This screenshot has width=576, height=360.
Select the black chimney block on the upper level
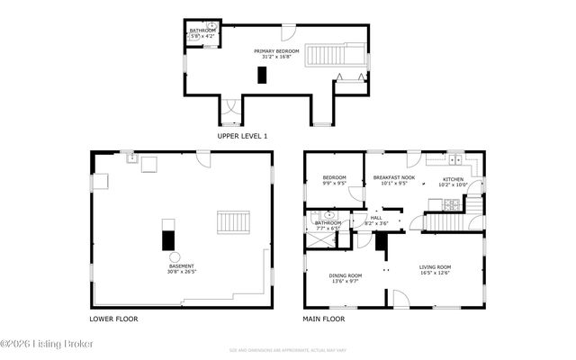(x=262, y=75)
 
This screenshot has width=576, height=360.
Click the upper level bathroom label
(x=202, y=31)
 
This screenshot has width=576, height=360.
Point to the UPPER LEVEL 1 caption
(x=242, y=136)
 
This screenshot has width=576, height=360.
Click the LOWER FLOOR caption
(x=113, y=319)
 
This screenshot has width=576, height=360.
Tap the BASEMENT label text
(x=181, y=266)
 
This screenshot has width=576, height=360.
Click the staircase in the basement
(x=233, y=221)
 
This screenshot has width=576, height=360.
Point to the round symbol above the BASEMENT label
(x=175, y=256)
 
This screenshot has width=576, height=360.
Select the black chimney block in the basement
(x=166, y=239)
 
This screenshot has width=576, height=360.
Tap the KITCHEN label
(x=452, y=179)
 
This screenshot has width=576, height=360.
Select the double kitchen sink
(x=455, y=161)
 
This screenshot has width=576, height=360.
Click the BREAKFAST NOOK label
(x=394, y=178)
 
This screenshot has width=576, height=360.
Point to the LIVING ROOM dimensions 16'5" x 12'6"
(x=435, y=273)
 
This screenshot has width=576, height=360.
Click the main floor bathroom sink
(x=328, y=216)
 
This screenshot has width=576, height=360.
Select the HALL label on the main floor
(x=376, y=217)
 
